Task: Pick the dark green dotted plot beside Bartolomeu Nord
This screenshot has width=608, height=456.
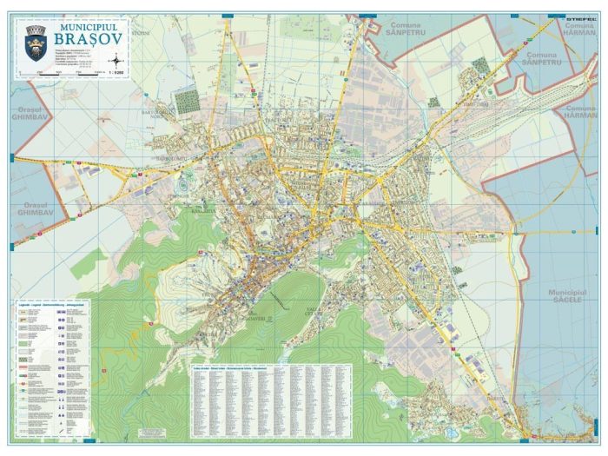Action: pyautogui.click(x=187, y=102)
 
